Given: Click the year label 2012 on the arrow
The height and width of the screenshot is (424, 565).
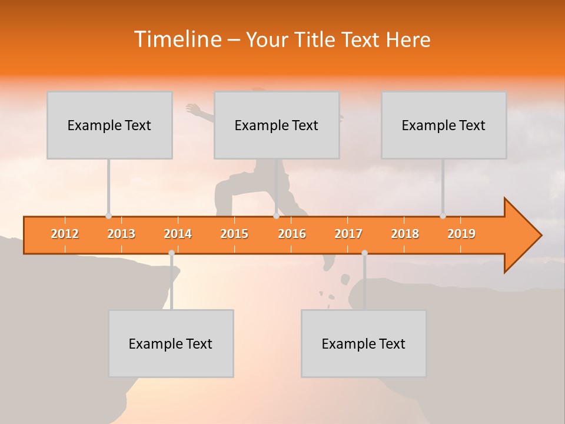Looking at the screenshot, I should (65, 234).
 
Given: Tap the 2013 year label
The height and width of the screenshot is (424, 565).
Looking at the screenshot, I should (121, 234).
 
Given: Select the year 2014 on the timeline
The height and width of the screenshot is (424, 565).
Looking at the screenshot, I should (178, 234).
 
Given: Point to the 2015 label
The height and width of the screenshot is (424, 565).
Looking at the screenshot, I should (234, 234).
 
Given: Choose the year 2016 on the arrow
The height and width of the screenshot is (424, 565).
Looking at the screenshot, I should (292, 234).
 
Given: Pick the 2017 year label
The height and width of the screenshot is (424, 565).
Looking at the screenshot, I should (348, 234).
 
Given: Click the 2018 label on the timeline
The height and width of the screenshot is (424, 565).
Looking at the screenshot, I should (405, 234).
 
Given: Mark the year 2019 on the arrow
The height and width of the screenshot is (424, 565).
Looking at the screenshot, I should (461, 234).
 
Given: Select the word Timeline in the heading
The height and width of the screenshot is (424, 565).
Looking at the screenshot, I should (177, 39).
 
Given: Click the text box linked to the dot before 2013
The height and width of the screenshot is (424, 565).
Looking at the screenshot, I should (109, 125).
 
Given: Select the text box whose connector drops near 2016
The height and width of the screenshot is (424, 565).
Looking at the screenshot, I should (277, 125).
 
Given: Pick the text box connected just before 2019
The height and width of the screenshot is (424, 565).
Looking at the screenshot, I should (444, 125).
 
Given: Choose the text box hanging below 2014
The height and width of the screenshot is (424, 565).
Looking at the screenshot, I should (171, 343).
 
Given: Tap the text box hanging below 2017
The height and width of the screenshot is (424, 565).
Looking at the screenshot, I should (364, 343).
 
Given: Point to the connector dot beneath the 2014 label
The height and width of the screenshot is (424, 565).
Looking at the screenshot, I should (171, 253).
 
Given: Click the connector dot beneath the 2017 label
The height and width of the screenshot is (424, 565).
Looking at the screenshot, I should (364, 253).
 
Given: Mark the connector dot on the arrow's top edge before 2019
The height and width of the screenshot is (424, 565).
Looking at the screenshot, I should (443, 216).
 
